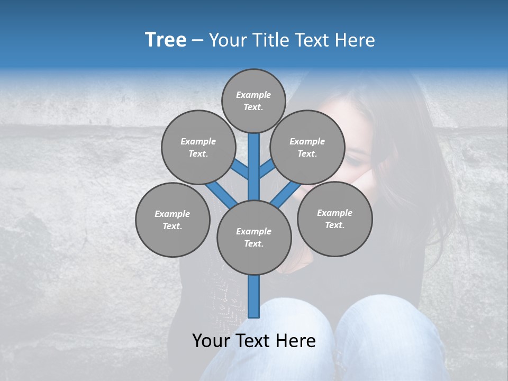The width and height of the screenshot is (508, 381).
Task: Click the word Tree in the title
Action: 166,40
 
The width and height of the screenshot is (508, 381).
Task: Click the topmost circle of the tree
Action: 253,101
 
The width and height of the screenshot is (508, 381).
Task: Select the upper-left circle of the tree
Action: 198,147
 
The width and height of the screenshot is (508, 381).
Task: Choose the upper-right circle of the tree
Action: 307,147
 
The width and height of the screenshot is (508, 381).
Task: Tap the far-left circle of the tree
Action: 173,220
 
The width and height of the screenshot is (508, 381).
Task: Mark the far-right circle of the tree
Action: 334,219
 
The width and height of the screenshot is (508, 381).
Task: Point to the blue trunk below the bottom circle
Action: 254,296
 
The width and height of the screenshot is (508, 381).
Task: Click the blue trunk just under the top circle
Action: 254,159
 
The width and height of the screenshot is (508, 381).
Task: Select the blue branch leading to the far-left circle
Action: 220,193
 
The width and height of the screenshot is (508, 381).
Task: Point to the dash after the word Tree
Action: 197,40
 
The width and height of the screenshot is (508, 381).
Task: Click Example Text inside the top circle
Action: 253,101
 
